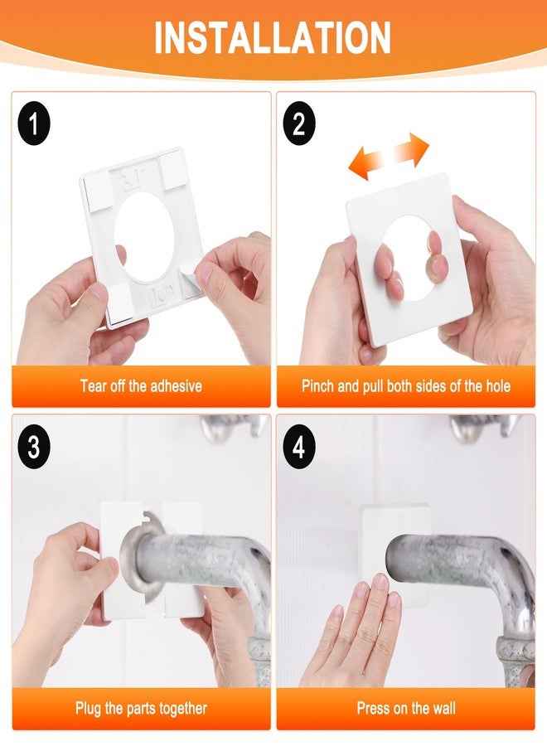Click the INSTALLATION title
[273, 37]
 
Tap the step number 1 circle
[34, 124]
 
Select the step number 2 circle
[298, 124]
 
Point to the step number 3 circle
[34, 447]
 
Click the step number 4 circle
[298, 447]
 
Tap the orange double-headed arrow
[389, 157]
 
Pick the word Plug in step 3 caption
[89, 709]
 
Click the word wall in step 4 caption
[443, 708]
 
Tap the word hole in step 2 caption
[497, 385]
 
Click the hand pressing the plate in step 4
[353, 637]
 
